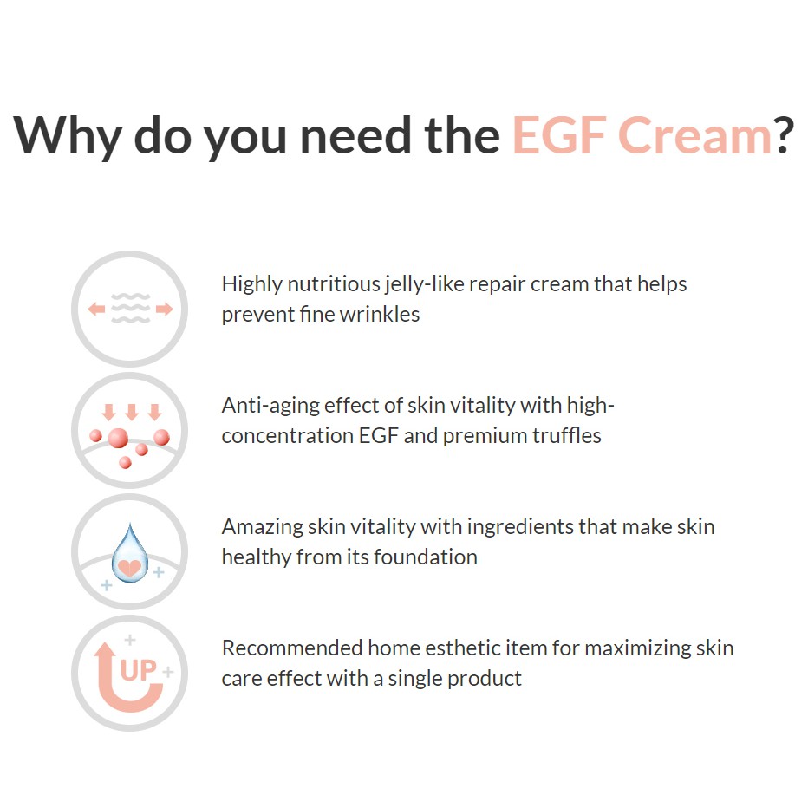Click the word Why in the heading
[67, 135]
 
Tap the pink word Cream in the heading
[694, 135]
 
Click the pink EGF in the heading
[559, 135]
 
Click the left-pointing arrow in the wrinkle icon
[96, 310]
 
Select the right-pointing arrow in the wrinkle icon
[165, 310]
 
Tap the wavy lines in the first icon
[130, 309]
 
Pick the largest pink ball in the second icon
[118, 438]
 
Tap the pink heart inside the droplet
[129, 567]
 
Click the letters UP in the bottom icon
[138, 670]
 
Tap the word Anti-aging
[270, 407]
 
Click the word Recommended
[292, 648]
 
